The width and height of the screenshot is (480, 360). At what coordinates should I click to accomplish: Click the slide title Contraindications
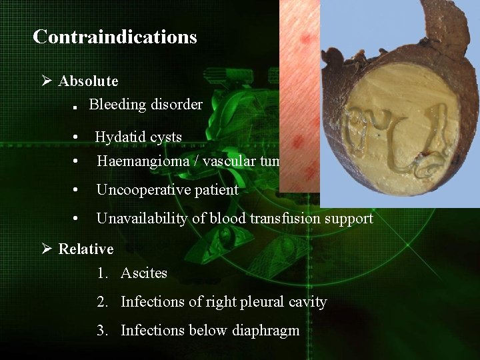tap(115, 37)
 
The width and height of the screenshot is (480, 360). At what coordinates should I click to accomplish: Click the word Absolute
tap(88, 81)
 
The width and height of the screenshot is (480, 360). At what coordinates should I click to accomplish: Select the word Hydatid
tap(120, 137)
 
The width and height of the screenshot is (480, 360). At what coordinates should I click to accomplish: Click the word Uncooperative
tap(143, 190)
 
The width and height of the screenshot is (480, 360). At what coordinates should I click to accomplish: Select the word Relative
tap(86, 249)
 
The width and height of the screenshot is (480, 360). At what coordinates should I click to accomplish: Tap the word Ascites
tap(144, 273)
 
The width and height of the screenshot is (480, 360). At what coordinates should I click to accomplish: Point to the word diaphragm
tap(266, 331)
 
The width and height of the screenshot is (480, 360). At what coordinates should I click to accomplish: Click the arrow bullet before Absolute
tap(47, 81)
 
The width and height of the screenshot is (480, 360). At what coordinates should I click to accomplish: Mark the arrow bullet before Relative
tap(47, 249)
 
